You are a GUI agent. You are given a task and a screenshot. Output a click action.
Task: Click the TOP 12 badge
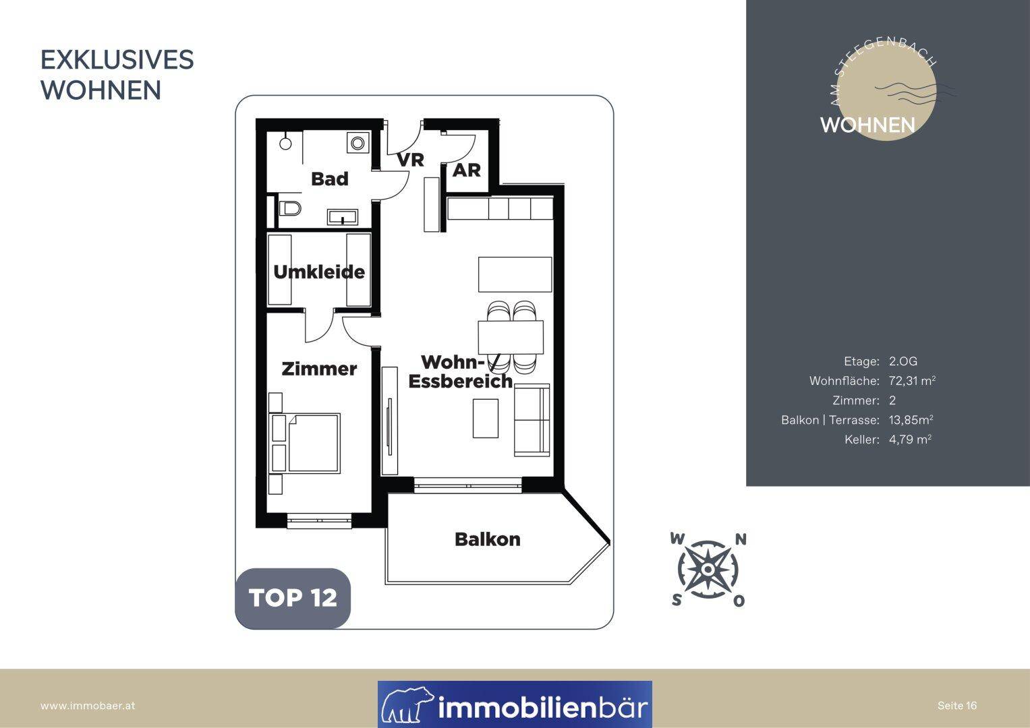click(293, 598)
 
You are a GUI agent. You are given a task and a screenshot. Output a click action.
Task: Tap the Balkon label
click(488, 539)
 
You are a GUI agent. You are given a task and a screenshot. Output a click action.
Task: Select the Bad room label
click(330, 179)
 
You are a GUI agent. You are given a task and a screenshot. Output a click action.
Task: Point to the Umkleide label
click(319, 272)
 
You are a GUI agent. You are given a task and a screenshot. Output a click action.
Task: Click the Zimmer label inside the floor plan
click(319, 369)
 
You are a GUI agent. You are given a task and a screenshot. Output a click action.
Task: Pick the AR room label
click(467, 171)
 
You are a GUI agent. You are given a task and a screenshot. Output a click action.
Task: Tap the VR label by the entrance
click(411, 160)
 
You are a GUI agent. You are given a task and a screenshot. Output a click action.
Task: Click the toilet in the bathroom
click(289, 209)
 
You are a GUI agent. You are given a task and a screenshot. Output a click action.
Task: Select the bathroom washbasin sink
click(343, 217)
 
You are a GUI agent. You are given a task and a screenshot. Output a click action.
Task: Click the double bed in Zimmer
click(306, 444)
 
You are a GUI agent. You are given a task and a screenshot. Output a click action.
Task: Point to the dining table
click(511, 337)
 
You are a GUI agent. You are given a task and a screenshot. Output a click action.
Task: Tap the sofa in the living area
click(532, 419)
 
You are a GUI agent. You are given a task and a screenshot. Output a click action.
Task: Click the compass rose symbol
click(708, 570)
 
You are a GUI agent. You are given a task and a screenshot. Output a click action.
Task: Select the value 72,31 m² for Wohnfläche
click(912, 381)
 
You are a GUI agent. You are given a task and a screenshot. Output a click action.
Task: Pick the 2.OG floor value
click(903, 361)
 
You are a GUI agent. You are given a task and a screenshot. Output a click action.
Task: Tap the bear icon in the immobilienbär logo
click(407, 704)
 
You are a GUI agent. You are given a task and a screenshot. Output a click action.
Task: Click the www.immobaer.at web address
click(88, 706)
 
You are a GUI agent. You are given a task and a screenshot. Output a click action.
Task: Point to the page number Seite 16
click(957, 706)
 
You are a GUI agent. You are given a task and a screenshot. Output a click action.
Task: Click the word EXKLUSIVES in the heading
click(117, 60)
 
